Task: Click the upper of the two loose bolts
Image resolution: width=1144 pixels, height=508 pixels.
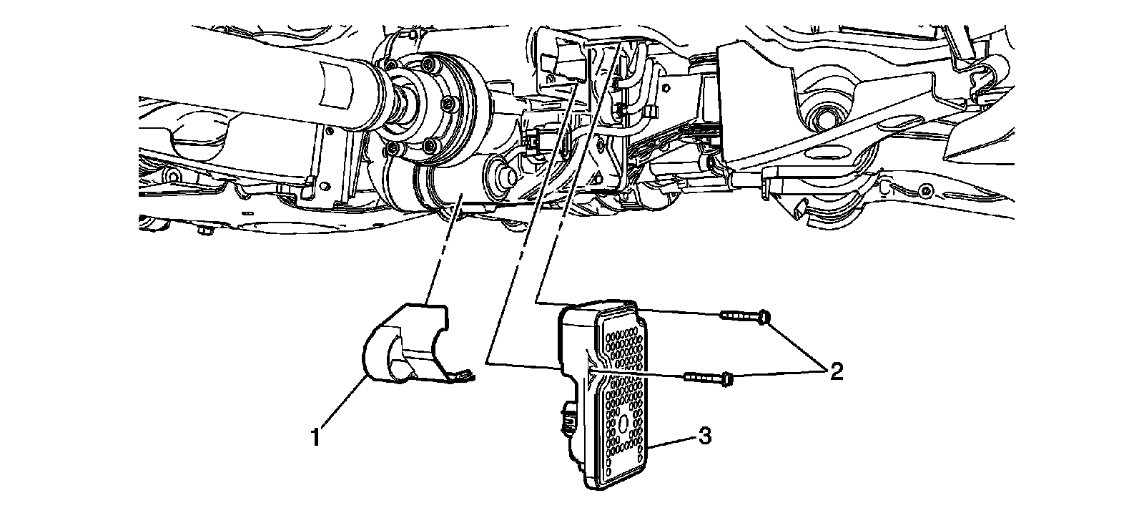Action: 744,315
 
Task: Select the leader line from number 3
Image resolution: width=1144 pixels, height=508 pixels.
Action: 676,442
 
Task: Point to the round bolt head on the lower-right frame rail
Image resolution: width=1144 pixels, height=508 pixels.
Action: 927,190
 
